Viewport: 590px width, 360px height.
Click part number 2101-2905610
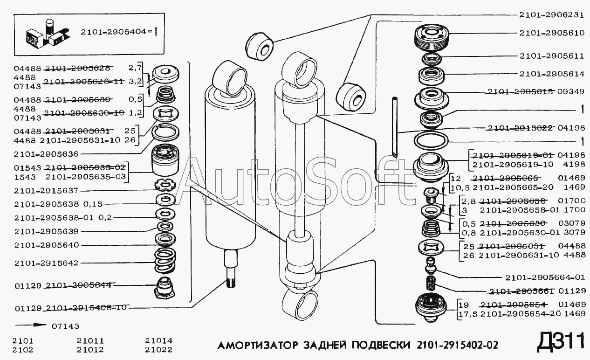point(552,33)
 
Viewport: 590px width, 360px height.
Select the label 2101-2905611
point(552,55)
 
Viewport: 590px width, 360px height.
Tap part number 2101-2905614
point(552,74)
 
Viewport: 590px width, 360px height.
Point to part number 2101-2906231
point(552,15)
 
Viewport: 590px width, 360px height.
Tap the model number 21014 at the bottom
point(158,341)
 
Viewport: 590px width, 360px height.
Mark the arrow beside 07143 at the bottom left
point(30,325)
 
